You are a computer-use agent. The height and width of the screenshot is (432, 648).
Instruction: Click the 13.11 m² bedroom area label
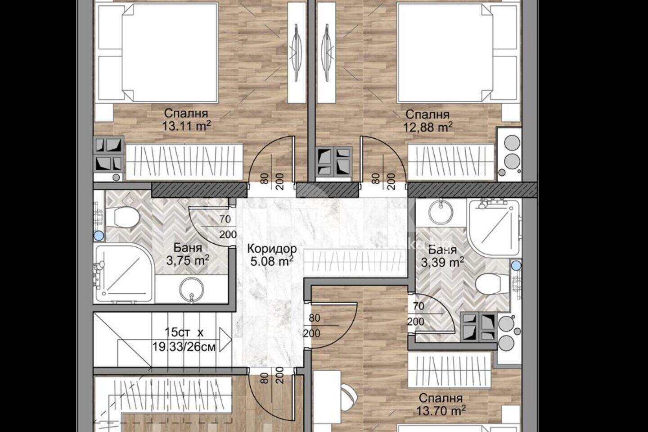(x=186, y=126)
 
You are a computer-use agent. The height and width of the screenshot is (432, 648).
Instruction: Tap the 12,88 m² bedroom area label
(x=427, y=127)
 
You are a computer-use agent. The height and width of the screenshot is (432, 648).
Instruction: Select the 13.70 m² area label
(x=441, y=410)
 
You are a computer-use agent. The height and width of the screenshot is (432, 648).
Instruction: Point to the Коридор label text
(x=273, y=249)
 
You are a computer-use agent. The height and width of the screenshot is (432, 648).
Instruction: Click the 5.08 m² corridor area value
(x=272, y=261)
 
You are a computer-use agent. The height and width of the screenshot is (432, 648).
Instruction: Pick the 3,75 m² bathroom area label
(x=188, y=260)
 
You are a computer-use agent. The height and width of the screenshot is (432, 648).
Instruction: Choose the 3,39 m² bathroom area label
(x=443, y=262)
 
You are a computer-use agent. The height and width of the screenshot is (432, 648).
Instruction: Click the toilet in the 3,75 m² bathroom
(x=122, y=217)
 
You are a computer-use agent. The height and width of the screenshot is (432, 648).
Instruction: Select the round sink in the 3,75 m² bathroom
(x=192, y=289)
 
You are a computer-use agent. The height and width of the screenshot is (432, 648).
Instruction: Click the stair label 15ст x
(x=184, y=332)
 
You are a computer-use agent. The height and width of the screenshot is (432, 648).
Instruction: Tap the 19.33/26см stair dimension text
(x=184, y=346)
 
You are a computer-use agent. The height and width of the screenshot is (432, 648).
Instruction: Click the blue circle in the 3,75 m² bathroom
(x=99, y=236)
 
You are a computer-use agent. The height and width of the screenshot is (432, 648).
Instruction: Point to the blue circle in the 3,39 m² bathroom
(x=517, y=265)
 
